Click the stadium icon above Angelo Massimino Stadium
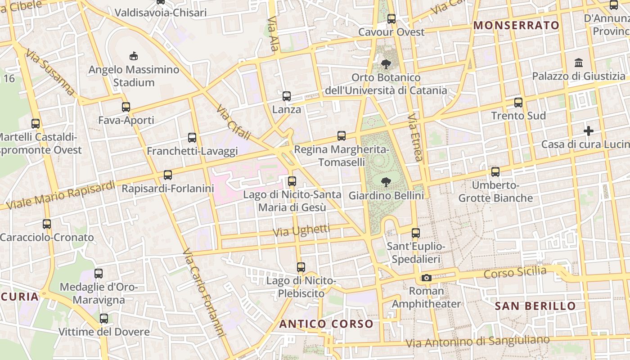(x=133, y=56)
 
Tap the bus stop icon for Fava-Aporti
(x=126, y=107)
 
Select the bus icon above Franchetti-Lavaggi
(x=192, y=138)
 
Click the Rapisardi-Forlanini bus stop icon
(x=168, y=175)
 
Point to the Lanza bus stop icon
(x=287, y=96)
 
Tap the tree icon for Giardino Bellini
(x=386, y=182)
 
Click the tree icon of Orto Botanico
(x=386, y=64)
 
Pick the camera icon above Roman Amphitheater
(x=427, y=278)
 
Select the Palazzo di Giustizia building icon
(x=579, y=63)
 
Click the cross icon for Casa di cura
(x=589, y=131)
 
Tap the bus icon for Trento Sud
(x=518, y=103)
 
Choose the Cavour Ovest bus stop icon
(x=391, y=19)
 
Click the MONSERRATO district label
(x=517, y=26)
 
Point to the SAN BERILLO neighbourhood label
(x=535, y=306)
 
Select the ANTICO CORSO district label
(x=326, y=324)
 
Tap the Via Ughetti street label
(x=301, y=231)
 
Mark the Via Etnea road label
(x=415, y=137)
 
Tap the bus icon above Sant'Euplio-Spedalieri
(x=416, y=233)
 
